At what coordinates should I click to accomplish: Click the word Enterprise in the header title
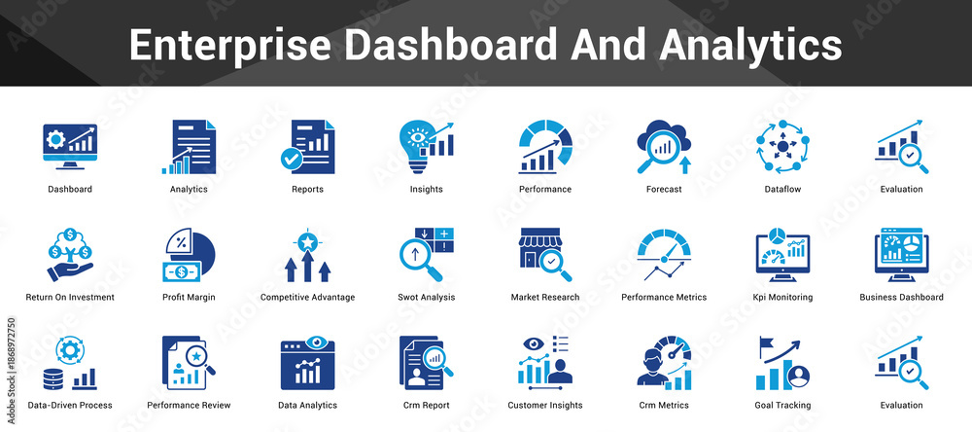230,45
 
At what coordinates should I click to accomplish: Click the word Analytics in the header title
750,45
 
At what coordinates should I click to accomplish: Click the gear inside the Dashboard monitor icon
55,140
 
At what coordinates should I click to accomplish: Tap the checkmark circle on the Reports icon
290,159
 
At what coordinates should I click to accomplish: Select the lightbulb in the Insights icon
415,145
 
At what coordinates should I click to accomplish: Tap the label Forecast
664,190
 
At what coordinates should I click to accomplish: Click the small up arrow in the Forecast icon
685,165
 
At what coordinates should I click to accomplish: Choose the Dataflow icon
782,147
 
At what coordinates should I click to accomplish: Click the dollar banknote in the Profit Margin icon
181,271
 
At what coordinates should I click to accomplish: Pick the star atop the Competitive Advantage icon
307,241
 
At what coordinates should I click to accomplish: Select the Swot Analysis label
427,298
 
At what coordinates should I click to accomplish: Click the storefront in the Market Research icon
538,248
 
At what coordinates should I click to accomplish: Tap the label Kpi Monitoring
782,298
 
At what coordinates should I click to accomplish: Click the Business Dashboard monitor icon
902,255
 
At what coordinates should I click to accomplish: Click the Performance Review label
190,406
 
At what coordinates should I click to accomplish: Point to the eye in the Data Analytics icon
317,342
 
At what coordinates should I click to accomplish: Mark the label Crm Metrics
664,406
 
